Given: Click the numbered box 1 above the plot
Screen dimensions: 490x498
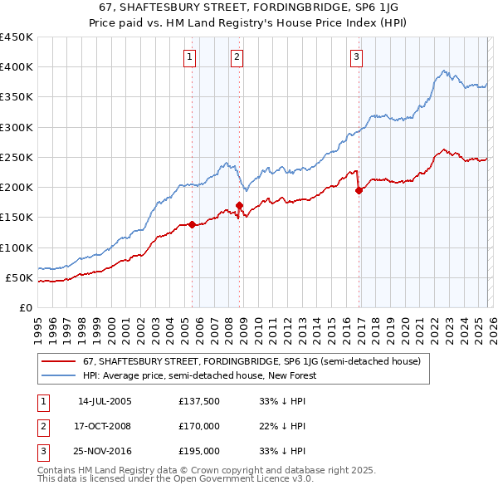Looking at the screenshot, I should pyautogui.click(x=191, y=57).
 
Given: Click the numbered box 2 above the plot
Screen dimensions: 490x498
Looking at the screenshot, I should pyautogui.click(x=237, y=57).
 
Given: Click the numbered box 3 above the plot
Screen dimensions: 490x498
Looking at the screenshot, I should pyautogui.click(x=356, y=57).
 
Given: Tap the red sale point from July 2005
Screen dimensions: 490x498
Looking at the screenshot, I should pyautogui.click(x=192, y=224).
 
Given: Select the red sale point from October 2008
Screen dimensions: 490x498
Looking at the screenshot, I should pyautogui.click(x=239, y=205).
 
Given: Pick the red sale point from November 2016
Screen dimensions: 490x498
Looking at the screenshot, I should pyautogui.click(x=359, y=190).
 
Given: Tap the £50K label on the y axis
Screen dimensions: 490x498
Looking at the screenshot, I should pyautogui.click(x=20, y=277).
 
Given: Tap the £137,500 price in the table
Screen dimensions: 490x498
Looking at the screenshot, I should pyautogui.click(x=199, y=401).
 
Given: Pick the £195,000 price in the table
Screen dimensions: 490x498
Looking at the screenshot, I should pyautogui.click(x=199, y=451).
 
